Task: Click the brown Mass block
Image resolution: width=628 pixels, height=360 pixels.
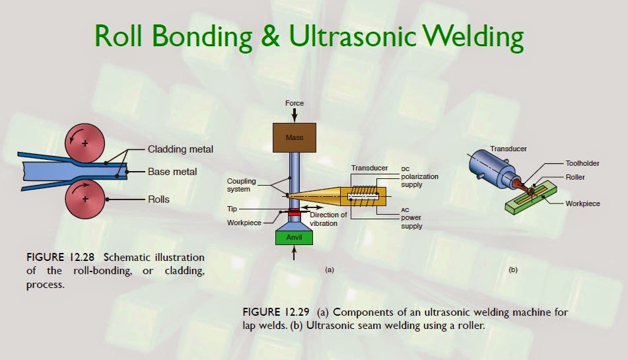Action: click(294, 138)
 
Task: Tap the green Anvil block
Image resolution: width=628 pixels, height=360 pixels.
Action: click(294, 237)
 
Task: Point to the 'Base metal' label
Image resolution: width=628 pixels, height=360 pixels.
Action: click(172, 172)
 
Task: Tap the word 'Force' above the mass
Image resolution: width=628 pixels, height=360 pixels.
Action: click(294, 104)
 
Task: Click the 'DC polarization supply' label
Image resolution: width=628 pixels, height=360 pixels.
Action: click(419, 177)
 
